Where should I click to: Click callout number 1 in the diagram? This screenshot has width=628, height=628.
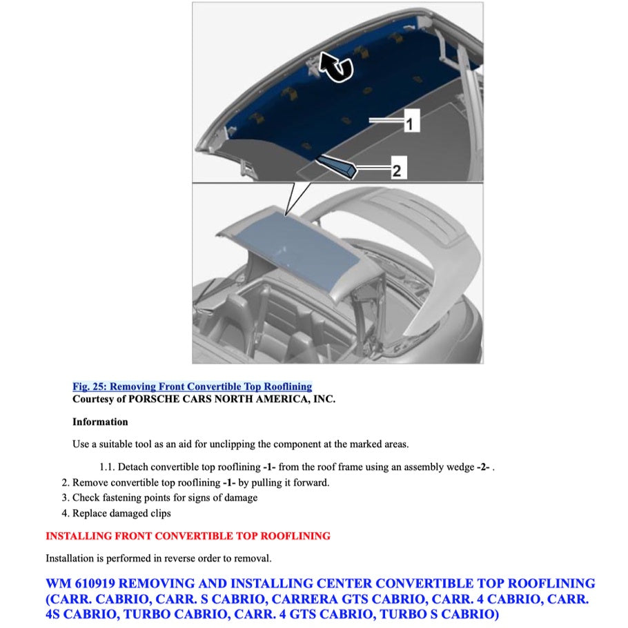409,125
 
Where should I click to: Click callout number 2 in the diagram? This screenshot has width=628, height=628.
396,170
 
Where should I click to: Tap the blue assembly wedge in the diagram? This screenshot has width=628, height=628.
336,165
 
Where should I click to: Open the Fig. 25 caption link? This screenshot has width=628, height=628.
192,386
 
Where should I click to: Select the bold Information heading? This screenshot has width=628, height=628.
100,422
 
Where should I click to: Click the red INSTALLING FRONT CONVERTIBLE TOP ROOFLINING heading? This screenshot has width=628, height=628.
188,536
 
